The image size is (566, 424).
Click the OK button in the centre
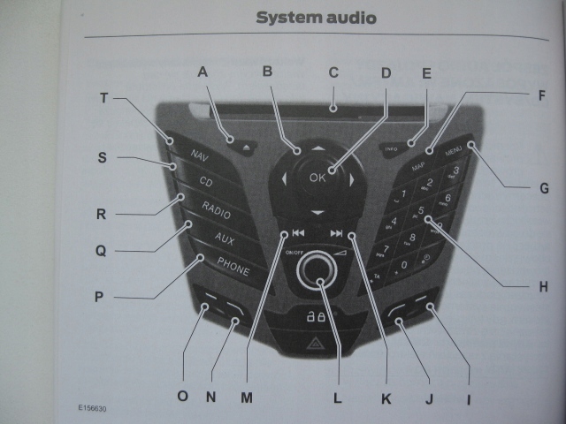318,178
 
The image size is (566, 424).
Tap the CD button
205,183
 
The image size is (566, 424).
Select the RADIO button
216,208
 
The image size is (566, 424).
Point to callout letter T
103,99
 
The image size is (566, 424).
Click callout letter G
543,188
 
